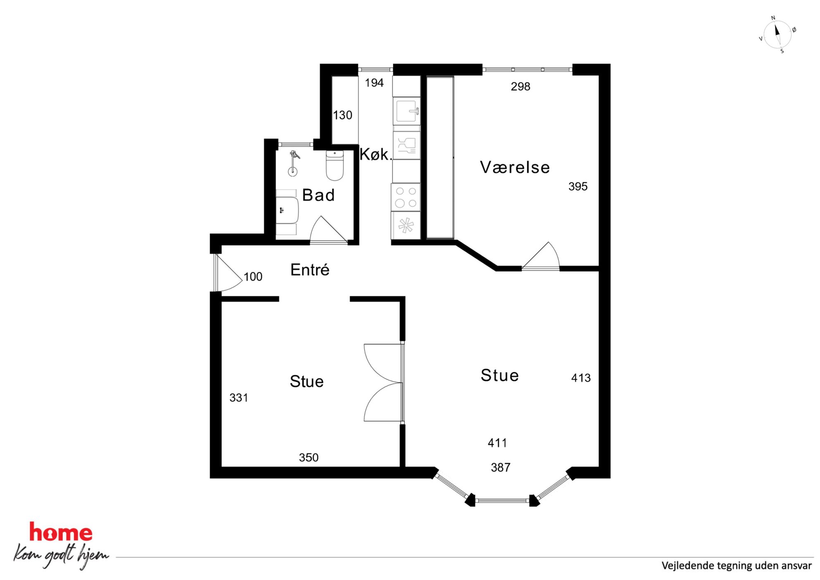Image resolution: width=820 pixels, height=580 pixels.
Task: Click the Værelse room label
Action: tap(515, 167)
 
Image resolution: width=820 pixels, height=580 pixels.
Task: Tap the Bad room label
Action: tap(318, 195)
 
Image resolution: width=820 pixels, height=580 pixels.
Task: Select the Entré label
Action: tap(310, 270)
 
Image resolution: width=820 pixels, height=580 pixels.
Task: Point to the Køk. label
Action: tap(375, 154)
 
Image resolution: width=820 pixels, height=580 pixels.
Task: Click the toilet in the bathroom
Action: tap(335, 165)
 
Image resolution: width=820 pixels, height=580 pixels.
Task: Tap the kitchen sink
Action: tap(407, 111)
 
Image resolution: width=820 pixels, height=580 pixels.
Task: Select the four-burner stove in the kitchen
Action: tap(406, 197)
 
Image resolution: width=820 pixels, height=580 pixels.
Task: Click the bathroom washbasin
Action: tap(287, 211)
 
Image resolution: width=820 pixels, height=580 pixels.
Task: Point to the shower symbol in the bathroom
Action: tap(293, 163)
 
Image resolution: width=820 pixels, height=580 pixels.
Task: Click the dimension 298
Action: tap(520, 86)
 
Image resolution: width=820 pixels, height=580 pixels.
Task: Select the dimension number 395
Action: tap(578, 186)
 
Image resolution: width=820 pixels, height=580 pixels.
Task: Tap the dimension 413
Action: tap(581, 378)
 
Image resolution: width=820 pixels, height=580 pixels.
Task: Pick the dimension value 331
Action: tap(239, 398)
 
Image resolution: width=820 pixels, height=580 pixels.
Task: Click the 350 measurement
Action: tap(309, 458)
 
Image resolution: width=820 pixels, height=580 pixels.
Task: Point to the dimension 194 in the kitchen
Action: tap(374, 83)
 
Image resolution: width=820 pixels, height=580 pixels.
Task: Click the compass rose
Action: tap(777, 35)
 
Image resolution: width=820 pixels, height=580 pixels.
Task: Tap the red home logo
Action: tap(61, 532)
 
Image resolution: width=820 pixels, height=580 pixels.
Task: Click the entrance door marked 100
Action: tap(227, 273)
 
